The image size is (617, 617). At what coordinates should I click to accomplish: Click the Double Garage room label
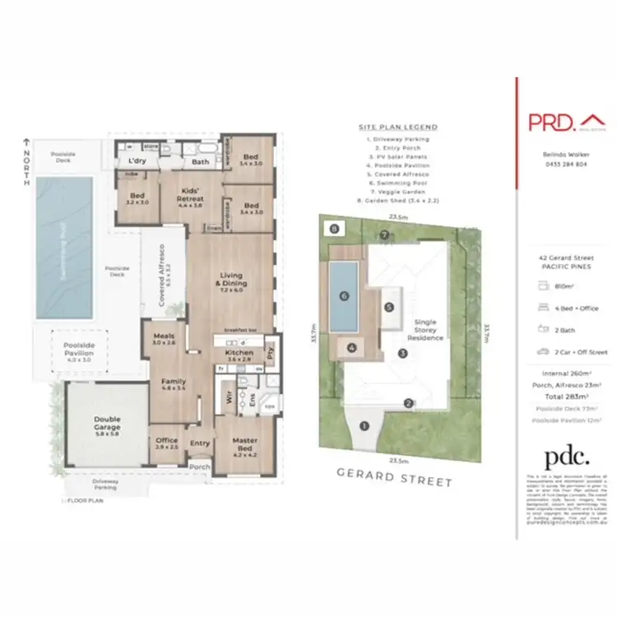[x=107, y=424]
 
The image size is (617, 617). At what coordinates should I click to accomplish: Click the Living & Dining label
[x=233, y=281]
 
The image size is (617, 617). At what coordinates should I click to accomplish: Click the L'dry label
[x=136, y=161]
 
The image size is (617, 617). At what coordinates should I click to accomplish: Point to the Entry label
[x=200, y=443]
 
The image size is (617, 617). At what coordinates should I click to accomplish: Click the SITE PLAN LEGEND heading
[x=398, y=128]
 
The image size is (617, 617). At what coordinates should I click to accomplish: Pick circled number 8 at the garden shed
[x=334, y=229]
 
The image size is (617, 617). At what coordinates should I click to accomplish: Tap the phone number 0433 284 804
[x=565, y=165]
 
